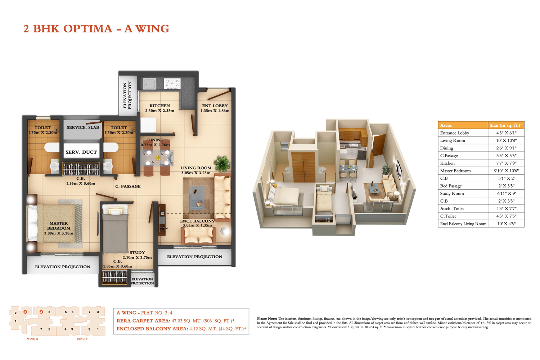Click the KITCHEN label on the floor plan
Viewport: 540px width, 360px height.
159,106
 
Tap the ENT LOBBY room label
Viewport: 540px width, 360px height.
215,106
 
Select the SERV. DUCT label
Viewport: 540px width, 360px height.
81,152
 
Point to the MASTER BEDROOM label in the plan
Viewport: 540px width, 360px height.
59,226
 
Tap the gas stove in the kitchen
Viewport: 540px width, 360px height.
172,84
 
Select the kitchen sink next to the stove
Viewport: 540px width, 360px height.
149,84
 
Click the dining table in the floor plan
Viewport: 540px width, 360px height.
158,158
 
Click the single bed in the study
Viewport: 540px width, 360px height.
115,229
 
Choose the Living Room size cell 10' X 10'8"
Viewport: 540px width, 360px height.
506,140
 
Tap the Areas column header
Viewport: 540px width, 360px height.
446,125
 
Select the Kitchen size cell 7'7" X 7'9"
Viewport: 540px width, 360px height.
506,163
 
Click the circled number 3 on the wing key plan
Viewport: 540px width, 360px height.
25,312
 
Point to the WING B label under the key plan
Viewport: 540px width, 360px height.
82,339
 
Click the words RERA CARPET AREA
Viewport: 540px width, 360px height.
143,321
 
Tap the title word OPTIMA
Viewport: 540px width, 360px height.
88,29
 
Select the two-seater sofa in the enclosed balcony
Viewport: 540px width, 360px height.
198,235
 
